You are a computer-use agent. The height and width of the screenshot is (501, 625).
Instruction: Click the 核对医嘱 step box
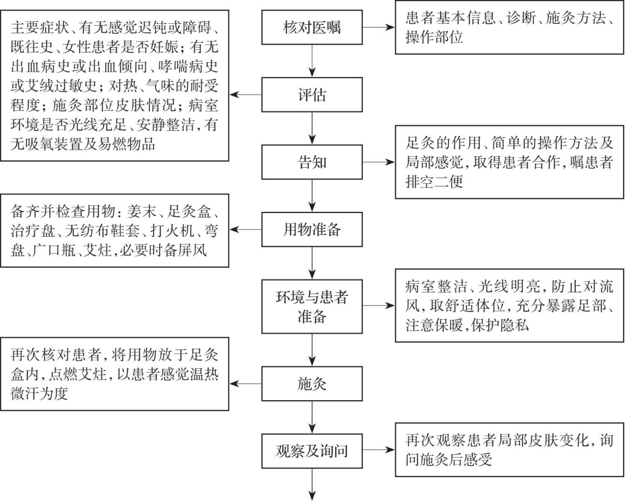pos(312,28)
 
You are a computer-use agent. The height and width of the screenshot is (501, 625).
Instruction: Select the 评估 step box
pos(312,95)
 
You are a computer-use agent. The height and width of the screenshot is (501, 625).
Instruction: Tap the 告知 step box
pos(312,162)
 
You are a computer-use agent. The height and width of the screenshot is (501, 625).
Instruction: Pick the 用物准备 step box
pos(312,230)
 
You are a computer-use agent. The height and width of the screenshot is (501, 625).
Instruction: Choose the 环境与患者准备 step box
pos(312,306)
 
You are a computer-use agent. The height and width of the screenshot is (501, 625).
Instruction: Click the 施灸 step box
pos(312,384)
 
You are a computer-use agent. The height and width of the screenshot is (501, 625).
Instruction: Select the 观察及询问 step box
pos(312,451)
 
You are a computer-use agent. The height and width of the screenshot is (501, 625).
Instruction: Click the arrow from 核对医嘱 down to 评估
pos(312,60)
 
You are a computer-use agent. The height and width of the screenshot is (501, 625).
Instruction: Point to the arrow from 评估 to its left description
pos(245,95)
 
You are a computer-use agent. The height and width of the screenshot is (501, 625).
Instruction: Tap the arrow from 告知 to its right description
pos(378,162)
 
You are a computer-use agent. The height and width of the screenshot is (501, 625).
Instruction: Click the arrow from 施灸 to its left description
pos(245,384)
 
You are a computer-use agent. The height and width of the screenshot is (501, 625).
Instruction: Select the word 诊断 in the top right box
pos(522,18)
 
